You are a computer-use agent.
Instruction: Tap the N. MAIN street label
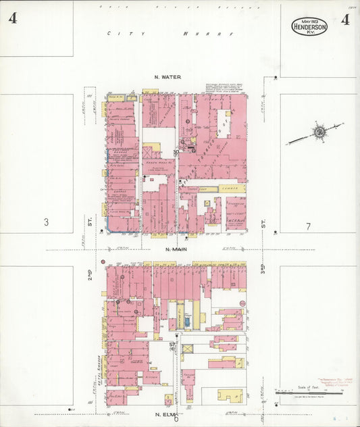point(175,249)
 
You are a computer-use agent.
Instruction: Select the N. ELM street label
point(167,413)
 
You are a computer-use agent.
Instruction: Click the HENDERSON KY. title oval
point(309,26)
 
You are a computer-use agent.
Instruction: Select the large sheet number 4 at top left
point(12,18)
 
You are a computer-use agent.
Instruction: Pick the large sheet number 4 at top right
point(345,19)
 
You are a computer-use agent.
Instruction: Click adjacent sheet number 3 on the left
point(47,222)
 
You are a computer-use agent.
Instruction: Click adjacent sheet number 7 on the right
point(307,226)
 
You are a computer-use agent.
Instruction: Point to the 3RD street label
point(262,269)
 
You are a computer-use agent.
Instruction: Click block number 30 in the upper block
point(176,153)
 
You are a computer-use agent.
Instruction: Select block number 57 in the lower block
point(173,345)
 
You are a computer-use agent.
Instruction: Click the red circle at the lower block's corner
point(103,261)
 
